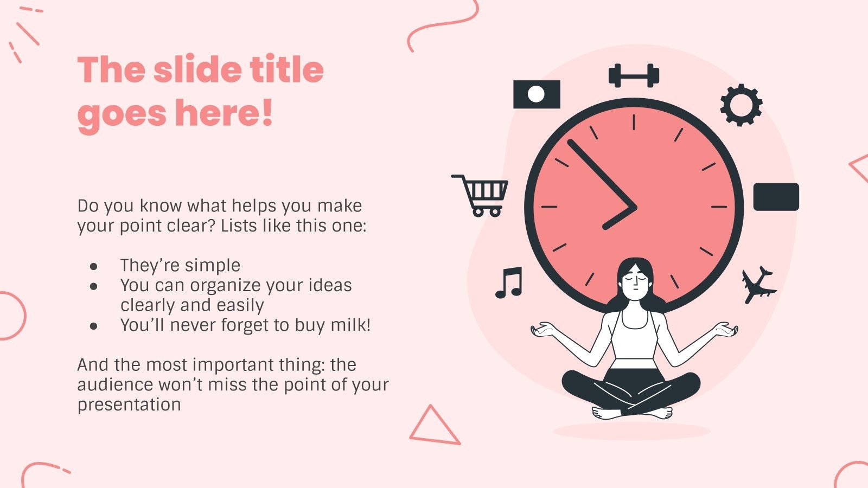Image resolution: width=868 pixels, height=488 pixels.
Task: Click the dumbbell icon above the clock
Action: pos(634,76)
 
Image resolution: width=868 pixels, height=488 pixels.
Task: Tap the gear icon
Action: pos(741,105)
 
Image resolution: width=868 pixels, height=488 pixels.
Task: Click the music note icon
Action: pos(509,282)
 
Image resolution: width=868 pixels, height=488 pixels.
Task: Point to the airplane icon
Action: pos(758,285)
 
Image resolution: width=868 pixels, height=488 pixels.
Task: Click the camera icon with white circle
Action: pos(537,94)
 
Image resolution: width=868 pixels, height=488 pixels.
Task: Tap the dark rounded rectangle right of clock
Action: pos(776,197)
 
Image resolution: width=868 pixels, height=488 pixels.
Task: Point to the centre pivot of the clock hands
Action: pos(633,208)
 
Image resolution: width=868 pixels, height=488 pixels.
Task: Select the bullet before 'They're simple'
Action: pos(94,267)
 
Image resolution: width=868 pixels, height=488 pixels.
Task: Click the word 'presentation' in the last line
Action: pos(129,404)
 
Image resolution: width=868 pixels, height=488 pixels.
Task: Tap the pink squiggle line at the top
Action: pos(441,24)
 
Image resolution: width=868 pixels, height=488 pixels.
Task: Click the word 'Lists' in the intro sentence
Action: pos(239,226)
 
